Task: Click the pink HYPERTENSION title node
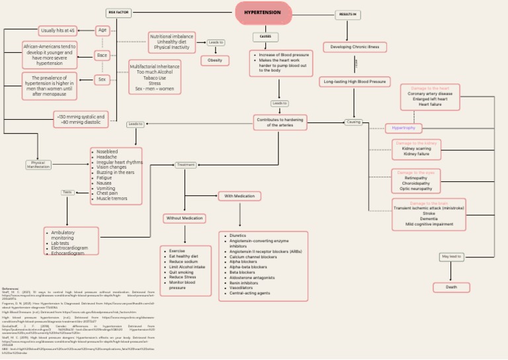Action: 263,13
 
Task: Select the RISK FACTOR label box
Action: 118,13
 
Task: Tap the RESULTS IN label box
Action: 347,15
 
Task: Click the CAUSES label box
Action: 265,37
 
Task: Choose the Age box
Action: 103,30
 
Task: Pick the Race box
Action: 103,56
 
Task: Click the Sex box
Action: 103,79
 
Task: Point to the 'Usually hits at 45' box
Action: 58,30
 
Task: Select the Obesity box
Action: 215,60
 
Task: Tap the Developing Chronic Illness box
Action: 355,47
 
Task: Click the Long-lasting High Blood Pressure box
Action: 355,82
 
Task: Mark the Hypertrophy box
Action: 403,128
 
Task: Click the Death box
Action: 451,287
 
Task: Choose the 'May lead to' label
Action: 451,257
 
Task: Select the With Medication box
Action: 239,196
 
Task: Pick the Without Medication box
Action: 185,218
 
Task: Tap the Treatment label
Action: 186,165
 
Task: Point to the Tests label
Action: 67,193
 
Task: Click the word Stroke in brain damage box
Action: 429,214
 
